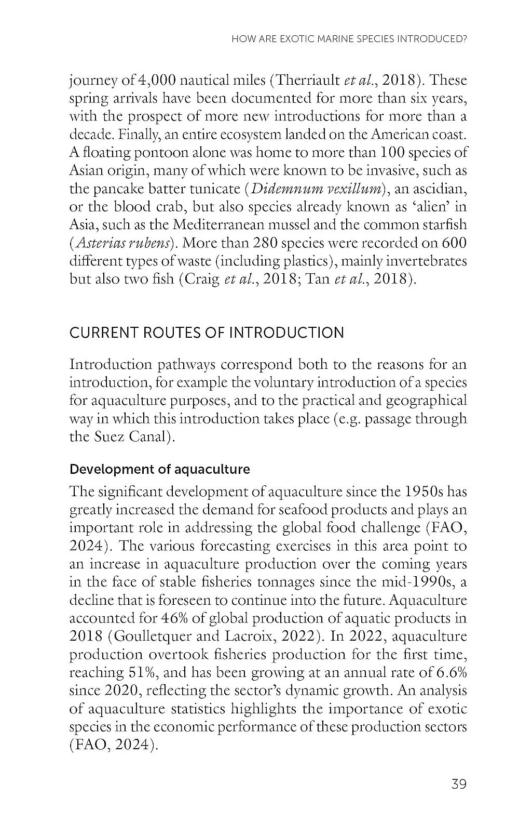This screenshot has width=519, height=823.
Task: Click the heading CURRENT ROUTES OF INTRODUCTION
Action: [207, 333]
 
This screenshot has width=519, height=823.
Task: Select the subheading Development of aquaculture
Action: [159, 470]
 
